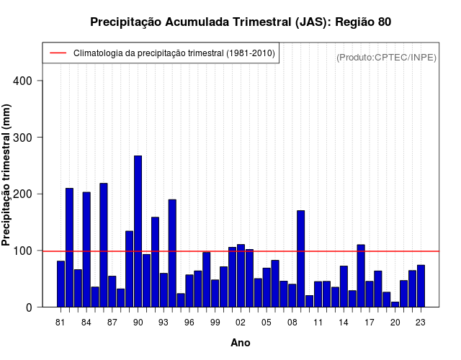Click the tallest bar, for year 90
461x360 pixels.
coord(138,231)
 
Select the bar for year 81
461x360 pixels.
coord(61,284)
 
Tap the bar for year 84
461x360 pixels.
coord(86,249)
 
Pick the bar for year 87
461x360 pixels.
coord(112,291)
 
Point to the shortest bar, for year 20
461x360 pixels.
coord(395,304)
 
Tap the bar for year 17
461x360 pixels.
coord(370,294)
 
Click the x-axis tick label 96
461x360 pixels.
coord(189,323)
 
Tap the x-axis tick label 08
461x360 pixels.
coord(292,323)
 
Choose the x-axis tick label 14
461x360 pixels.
coord(344,323)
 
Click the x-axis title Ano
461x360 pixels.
coord(241,343)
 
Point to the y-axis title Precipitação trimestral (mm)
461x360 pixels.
coord(7,183)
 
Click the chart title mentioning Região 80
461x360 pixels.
coord(241,22)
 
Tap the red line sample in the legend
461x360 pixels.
coord(57,53)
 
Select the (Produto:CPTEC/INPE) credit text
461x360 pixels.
coord(387,57)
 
